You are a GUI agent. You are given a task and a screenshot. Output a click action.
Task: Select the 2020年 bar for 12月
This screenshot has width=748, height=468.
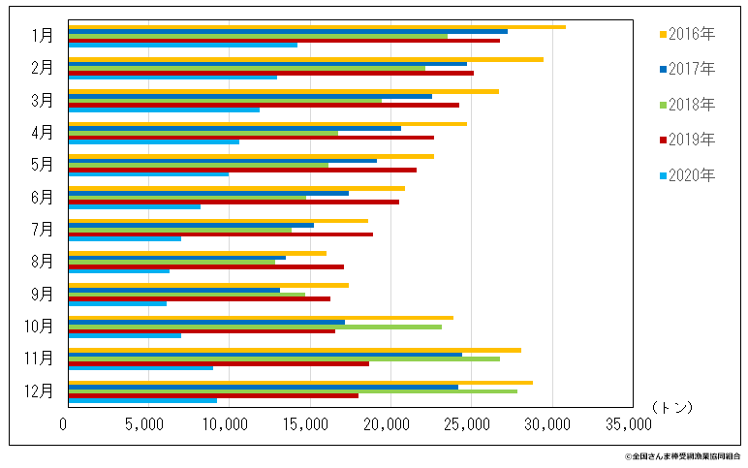tap(142, 400)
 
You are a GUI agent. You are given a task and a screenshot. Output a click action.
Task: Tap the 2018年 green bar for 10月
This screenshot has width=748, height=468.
tap(255, 327)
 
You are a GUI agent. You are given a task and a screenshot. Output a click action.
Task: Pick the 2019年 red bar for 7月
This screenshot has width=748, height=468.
tap(221, 234)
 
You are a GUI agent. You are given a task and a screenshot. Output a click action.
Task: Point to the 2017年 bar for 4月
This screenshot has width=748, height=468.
tap(234, 128)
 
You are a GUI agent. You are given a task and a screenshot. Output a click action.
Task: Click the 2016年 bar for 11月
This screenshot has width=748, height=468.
tap(295, 350)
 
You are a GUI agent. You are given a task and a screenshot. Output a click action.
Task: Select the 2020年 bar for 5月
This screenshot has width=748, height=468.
tap(148, 174)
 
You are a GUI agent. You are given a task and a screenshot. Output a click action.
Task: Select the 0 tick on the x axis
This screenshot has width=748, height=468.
tap(64, 424)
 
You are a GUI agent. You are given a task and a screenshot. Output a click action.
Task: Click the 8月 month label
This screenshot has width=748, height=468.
tap(42, 262)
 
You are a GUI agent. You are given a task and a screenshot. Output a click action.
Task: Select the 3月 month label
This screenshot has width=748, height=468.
tap(42, 100)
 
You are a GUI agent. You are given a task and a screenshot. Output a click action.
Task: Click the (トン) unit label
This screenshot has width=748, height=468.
tap(671, 408)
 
